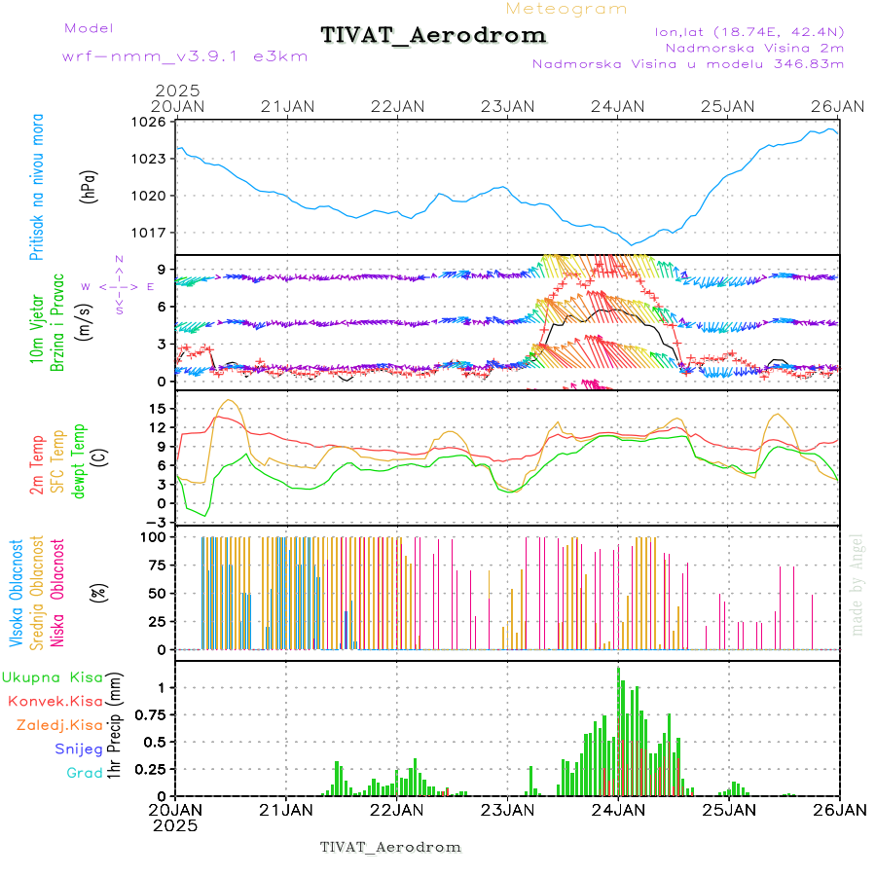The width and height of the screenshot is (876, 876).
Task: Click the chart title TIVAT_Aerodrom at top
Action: [x=433, y=35]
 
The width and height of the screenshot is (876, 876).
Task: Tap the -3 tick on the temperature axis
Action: [x=156, y=522]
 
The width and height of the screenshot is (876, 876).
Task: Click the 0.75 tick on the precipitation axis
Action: [x=149, y=714]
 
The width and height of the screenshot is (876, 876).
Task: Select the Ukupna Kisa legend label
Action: [x=52, y=676]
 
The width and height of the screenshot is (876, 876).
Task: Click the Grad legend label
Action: [x=84, y=773]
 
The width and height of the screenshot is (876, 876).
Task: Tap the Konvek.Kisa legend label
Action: [x=55, y=701]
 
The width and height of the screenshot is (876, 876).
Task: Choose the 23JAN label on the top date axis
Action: [x=509, y=105]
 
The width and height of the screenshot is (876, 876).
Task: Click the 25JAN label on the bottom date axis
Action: [x=730, y=810]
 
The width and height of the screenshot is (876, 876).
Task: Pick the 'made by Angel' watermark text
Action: [x=857, y=584]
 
